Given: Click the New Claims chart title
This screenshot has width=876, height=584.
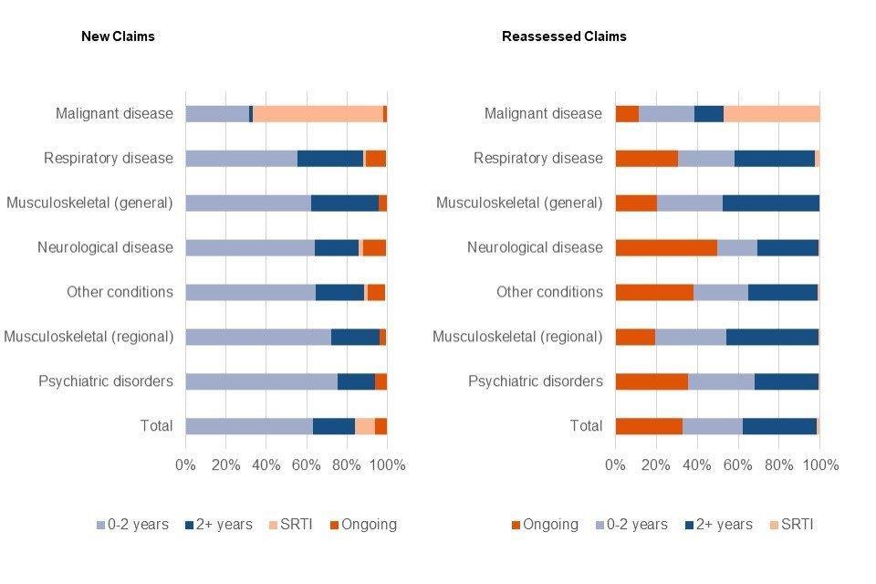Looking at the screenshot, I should pos(118,36).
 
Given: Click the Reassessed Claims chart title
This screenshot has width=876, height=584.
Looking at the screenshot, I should pos(564,36).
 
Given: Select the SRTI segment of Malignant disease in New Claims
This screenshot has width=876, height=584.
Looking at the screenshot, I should pos(318,114).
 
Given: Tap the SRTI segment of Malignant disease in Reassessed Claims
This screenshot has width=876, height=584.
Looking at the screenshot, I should pos(771,114).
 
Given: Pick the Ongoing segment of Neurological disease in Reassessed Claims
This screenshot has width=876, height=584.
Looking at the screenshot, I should pos(666,247).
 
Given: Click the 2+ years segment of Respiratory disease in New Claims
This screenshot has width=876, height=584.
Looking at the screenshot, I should pos(329,159).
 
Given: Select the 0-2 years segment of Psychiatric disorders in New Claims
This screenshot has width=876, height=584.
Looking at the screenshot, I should pos(261,381).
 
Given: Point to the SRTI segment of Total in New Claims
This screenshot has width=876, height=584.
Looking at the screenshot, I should pos(364,426).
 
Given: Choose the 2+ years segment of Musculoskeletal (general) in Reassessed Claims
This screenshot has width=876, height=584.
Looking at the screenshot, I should pos(771,203).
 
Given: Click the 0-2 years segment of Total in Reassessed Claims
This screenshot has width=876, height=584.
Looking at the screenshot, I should pos(713,426).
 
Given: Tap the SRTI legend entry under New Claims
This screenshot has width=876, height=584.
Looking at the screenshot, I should pos(291,525).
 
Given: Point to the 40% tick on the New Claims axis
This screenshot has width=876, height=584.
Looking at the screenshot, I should pos(266,465).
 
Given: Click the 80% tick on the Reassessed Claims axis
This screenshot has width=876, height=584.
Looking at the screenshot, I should pos(778,465).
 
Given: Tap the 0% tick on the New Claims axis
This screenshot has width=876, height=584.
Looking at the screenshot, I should pos(185,465).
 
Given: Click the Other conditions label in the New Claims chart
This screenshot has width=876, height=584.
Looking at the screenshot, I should pos(120,292).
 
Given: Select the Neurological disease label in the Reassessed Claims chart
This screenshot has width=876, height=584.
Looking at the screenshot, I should pos(535,247).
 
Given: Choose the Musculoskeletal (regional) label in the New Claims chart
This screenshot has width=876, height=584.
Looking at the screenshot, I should pos(89,337).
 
